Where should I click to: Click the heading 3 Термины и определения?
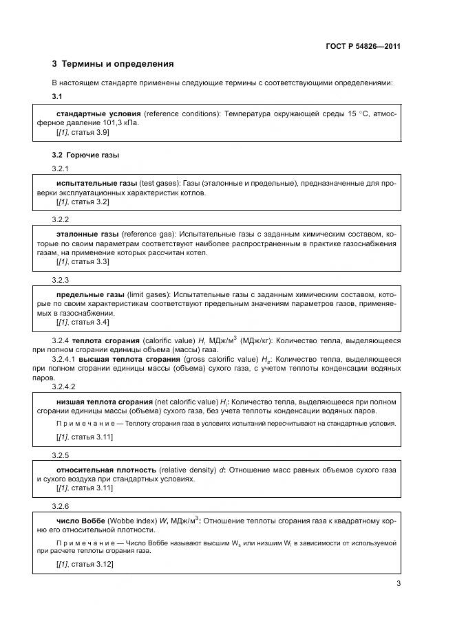113,64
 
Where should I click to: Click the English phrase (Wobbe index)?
134,520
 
